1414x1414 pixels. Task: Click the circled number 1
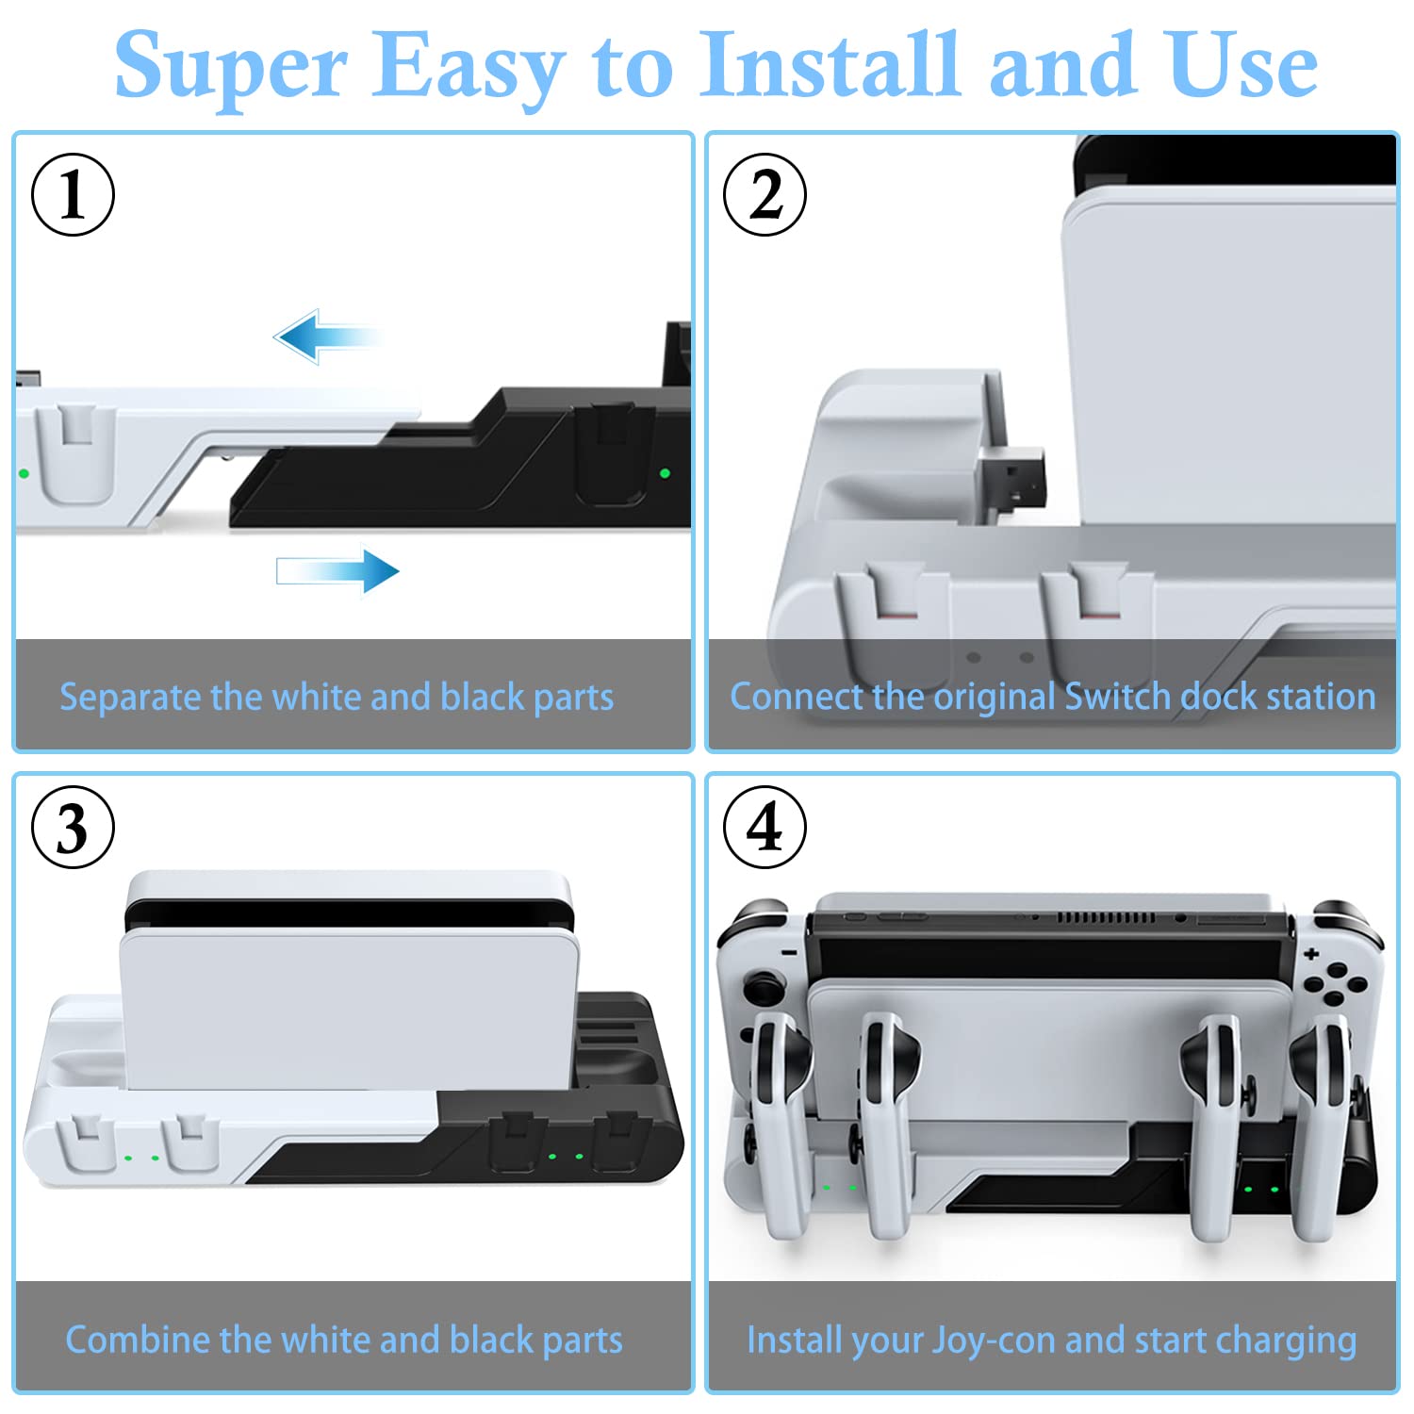click(74, 194)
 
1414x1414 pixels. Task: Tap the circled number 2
click(765, 194)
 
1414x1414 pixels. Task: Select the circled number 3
click(74, 828)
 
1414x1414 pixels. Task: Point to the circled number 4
click(765, 828)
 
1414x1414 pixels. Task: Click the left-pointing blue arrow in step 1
click(325, 337)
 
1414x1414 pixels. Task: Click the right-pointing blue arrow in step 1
click(337, 571)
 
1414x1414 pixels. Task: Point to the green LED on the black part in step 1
click(665, 473)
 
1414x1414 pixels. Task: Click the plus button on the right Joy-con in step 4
click(1311, 954)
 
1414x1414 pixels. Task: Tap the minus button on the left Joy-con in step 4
click(789, 953)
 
